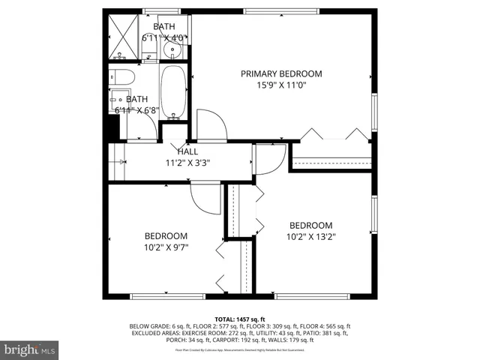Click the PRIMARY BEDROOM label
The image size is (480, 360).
coord(281,73)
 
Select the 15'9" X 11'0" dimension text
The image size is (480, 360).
coord(281,85)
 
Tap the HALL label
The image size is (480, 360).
coord(187,151)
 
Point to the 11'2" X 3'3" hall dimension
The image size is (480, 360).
coord(187,162)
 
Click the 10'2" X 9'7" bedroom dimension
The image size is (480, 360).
coord(166,246)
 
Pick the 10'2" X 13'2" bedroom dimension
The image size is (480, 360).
coord(311,236)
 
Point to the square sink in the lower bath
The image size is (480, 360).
coord(118,101)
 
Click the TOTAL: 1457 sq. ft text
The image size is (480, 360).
coord(240,319)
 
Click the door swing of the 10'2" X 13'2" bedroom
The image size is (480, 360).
coord(268,159)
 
